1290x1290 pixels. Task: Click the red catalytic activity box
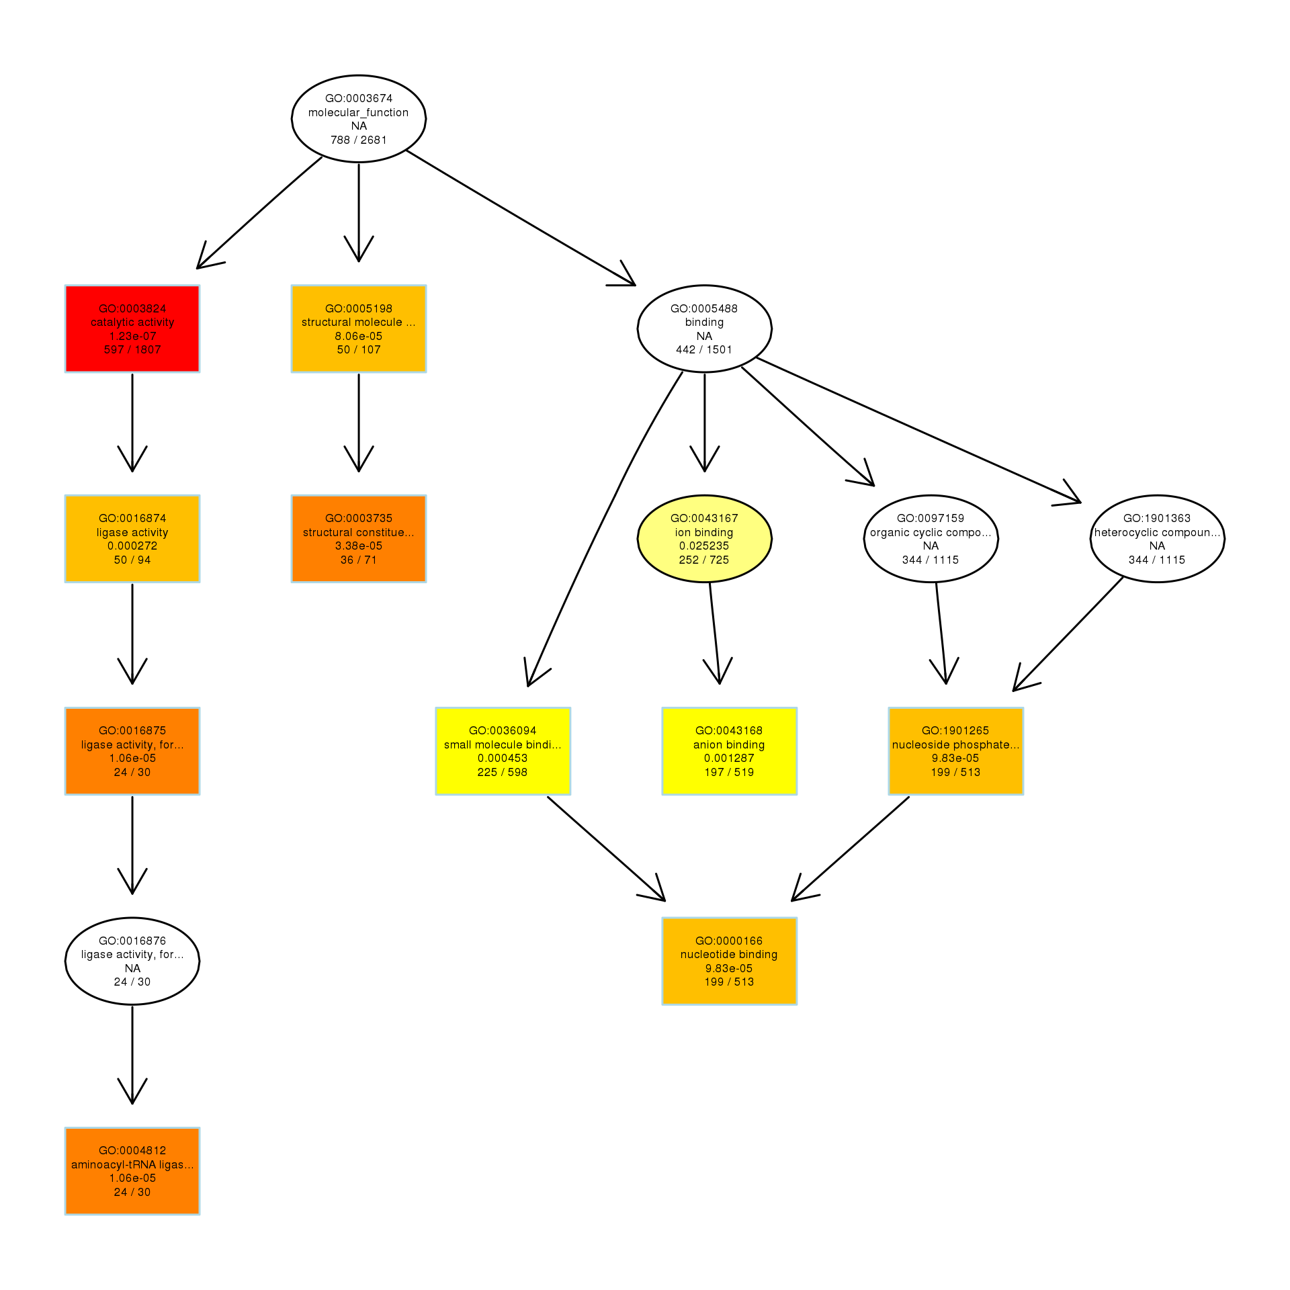point(132,329)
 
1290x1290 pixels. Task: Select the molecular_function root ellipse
point(359,119)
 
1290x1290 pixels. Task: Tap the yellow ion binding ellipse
point(704,539)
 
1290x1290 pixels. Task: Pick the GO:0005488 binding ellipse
point(704,329)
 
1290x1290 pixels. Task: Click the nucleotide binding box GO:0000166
point(729,961)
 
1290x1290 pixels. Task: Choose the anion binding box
point(729,751)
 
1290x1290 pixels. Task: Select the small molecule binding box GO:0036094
point(503,751)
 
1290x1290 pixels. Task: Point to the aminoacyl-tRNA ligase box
point(132,1171)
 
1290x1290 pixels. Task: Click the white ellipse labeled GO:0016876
point(132,961)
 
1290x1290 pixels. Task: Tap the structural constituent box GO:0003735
point(359,539)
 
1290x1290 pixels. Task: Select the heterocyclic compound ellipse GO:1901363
point(1157,539)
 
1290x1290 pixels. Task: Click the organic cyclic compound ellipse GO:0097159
point(931,539)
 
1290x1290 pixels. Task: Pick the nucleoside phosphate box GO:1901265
point(955,751)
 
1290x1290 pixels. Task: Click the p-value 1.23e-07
point(132,336)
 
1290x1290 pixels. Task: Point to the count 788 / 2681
point(359,140)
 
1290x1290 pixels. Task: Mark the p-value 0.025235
point(704,546)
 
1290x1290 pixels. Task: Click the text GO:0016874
point(132,518)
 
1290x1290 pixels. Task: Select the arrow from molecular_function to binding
point(521,218)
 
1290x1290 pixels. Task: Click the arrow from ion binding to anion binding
point(715,632)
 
